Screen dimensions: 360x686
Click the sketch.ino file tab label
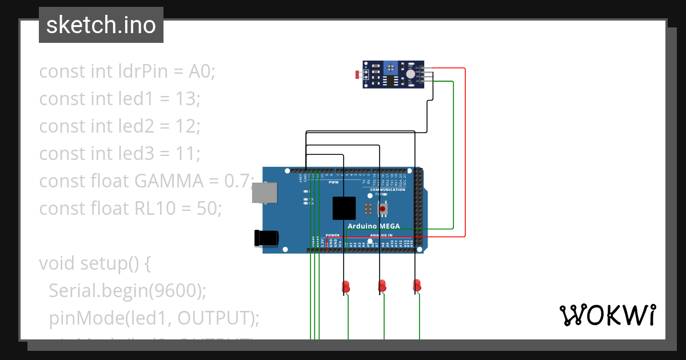(101, 25)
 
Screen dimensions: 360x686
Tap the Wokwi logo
(607, 315)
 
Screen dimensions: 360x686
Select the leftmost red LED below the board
(345, 286)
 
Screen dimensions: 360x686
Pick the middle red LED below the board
(382, 285)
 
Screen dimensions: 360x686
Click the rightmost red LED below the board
(417, 285)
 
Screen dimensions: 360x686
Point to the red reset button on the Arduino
(382, 209)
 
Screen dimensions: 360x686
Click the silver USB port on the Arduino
(265, 193)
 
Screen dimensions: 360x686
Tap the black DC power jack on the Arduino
(268, 238)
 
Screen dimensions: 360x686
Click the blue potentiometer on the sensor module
(390, 68)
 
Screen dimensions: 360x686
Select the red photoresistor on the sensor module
(358, 74)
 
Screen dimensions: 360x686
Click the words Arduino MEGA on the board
(374, 226)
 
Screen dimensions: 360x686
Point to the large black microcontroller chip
(344, 208)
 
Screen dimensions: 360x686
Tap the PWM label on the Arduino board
(333, 182)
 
